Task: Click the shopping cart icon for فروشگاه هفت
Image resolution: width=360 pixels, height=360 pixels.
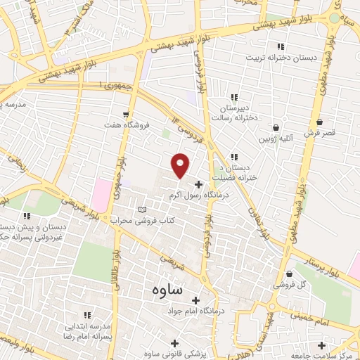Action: (125, 114)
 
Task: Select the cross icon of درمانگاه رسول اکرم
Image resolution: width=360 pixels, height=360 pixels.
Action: (198, 184)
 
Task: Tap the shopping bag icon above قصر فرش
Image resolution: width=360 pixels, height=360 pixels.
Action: (320, 121)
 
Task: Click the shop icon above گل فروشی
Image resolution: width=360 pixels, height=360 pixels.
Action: (288, 274)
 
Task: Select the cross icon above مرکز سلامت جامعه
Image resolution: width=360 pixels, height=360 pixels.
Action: (321, 345)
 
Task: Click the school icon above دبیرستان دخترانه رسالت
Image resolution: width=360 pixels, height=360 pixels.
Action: (235, 97)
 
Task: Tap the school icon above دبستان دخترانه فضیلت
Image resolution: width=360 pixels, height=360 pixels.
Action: (235, 156)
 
